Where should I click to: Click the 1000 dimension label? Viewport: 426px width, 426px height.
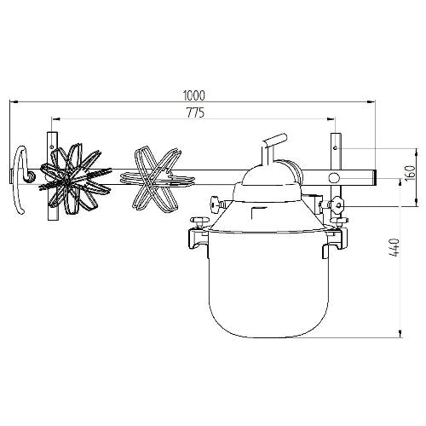coord(194,95)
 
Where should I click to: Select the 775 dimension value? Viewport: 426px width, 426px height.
coord(195,112)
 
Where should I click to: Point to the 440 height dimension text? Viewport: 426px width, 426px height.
coord(394,248)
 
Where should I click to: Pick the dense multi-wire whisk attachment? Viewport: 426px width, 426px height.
coord(74,179)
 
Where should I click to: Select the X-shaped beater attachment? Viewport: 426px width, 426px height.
coord(156,179)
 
